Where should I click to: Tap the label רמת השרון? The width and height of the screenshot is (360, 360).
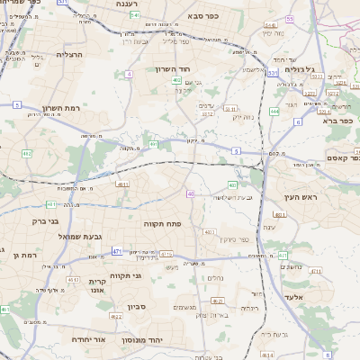pyautogui.click(x=61, y=109)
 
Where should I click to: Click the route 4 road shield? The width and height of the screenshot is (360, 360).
pyautogui.click(x=129, y=74)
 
